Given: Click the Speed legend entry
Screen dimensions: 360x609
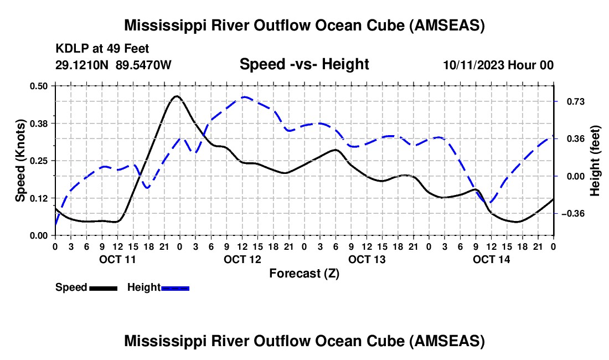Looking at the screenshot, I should pos(86,287).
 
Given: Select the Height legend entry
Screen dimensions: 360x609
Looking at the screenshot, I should pos(158,287).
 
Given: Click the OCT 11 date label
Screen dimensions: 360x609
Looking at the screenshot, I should pos(117,259).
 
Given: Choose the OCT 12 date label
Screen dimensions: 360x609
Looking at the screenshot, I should pos(242,259).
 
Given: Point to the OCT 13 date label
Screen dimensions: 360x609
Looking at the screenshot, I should pos(367,259).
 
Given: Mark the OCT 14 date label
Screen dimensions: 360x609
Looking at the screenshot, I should pos(491,259).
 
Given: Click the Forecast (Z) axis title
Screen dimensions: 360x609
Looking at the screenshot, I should pos(304,273).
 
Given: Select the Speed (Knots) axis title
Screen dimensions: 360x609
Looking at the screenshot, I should pos(20,161).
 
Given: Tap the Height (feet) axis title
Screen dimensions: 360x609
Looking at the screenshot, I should pos(595,161).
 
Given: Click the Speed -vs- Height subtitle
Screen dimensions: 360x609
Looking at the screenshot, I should pos(304,64).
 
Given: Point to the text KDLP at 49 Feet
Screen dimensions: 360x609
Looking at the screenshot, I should pos(102,49).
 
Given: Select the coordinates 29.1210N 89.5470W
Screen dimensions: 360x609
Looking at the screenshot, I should pos(113,65).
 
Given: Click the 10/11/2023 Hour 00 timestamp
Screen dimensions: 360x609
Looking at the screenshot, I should pos(498,65).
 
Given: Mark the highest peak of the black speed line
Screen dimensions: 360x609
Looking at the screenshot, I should pos(176,96).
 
